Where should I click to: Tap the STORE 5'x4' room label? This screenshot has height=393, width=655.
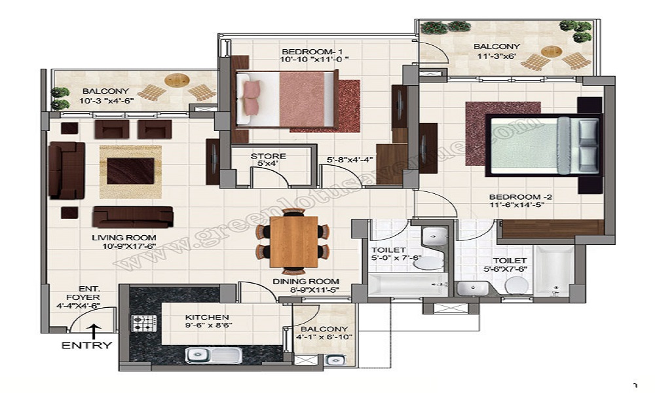click(268, 160)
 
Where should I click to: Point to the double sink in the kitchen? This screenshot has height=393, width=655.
click(213, 354)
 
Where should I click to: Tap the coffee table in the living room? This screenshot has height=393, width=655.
click(130, 172)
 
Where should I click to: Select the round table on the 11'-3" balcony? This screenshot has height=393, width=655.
click(551, 51)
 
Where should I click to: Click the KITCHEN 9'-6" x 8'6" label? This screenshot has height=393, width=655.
click(206, 321)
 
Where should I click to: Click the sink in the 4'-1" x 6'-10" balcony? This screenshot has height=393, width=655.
click(335, 359)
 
